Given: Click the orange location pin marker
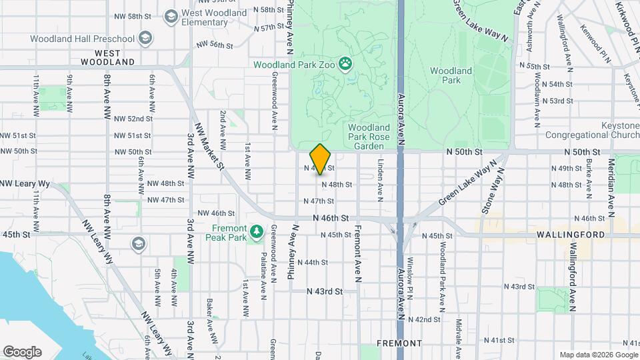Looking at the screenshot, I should (321, 159).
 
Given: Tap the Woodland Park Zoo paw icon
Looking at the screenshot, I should (345, 65).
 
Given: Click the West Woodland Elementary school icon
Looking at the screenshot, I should (171, 15).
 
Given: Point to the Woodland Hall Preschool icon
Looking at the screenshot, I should (144, 39).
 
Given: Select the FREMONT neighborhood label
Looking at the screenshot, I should (399, 343).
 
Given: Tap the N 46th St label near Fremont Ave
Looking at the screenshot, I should (331, 218).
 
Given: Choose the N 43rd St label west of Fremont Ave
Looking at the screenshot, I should (325, 291).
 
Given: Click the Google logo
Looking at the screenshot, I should (22, 351).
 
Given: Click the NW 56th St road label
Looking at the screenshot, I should (215, 45).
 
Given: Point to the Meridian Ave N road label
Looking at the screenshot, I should (610, 187).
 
